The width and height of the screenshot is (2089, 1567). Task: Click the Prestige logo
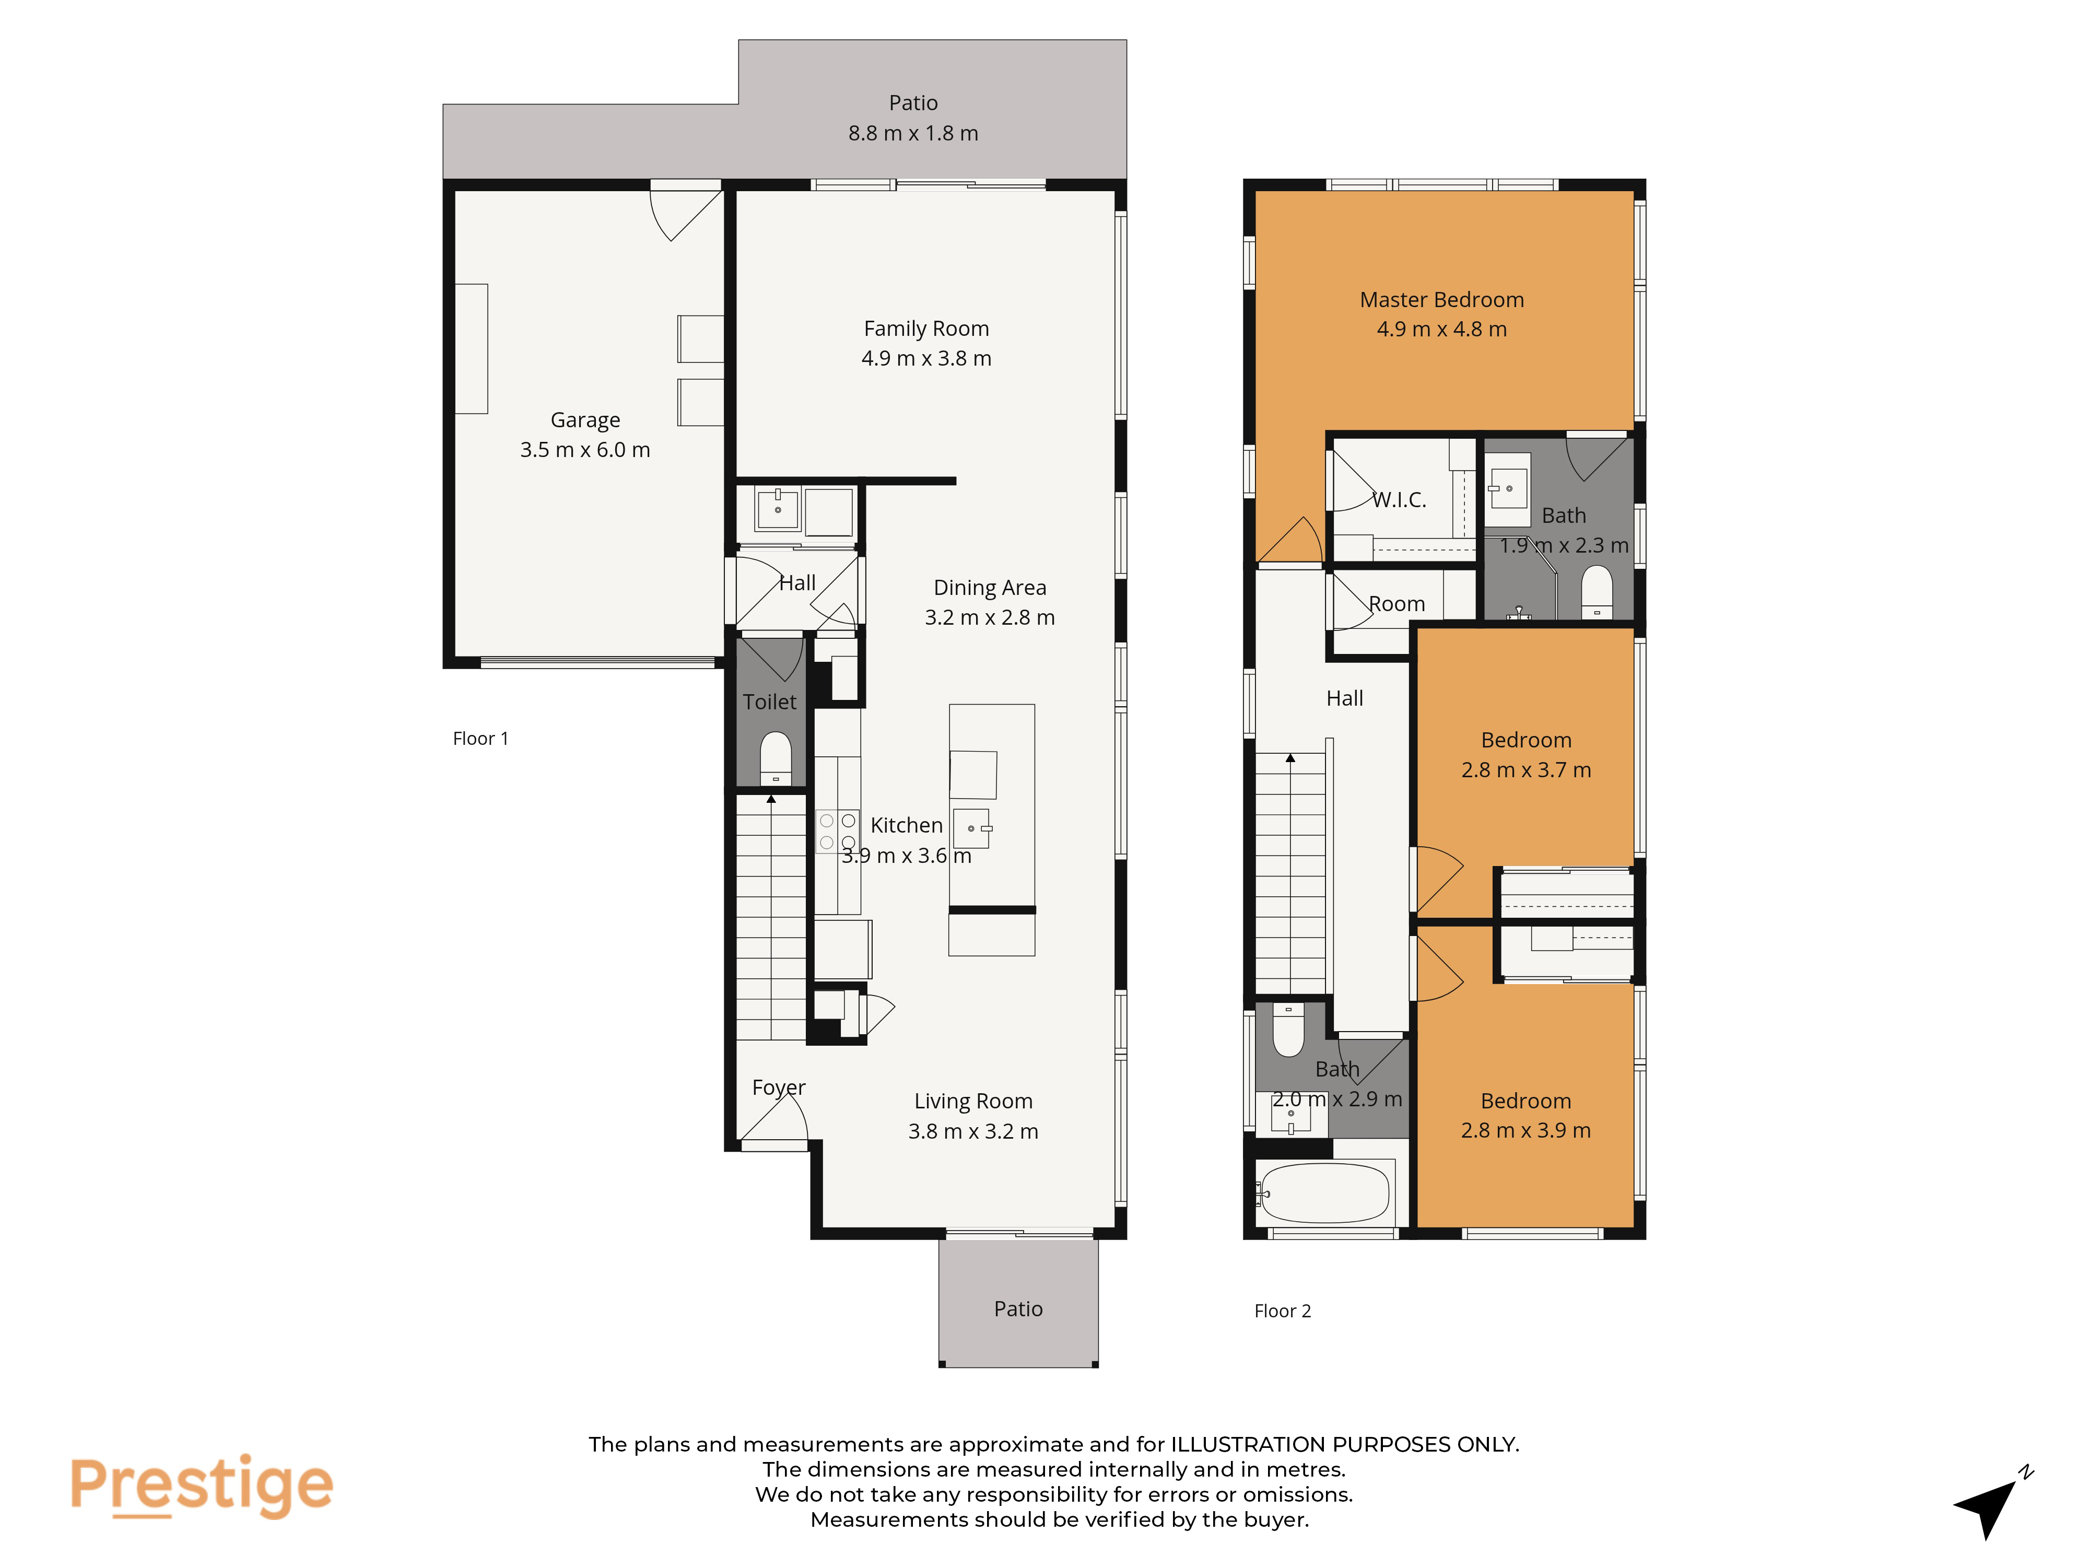pyautogui.click(x=201, y=1485)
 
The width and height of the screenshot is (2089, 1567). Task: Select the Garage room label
pyautogui.click(x=585, y=420)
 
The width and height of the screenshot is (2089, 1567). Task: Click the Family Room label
pyautogui.click(x=926, y=329)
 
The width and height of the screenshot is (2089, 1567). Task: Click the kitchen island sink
pyautogui.click(x=973, y=828)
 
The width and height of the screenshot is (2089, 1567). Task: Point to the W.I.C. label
pyautogui.click(x=1400, y=500)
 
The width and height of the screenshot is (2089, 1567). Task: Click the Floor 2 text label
pyautogui.click(x=1283, y=1311)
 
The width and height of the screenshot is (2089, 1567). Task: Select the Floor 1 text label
pyautogui.click(x=480, y=739)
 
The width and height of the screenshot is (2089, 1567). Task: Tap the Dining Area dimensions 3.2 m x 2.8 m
pyautogui.click(x=990, y=618)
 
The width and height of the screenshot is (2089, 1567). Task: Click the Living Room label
pyautogui.click(x=973, y=1101)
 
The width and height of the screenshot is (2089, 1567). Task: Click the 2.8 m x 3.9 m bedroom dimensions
pyautogui.click(x=1526, y=1131)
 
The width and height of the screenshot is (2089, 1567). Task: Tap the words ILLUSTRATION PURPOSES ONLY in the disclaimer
pyautogui.click(x=1345, y=1444)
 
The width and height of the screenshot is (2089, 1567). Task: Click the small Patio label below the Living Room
pyautogui.click(x=1018, y=1309)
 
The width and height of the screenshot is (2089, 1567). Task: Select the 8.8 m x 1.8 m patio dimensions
pyautogui.click(x=913, y=133)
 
